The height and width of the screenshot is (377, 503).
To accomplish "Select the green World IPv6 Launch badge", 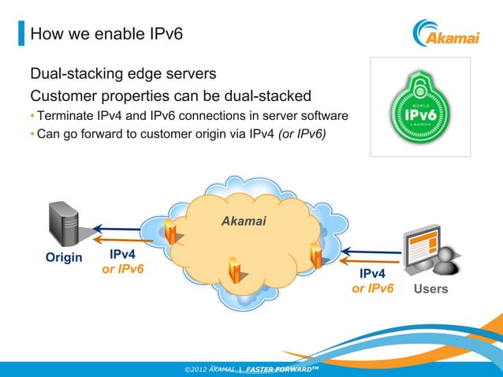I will tap(421, 107).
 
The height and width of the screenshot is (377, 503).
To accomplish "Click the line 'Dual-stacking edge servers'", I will tap(123, 75).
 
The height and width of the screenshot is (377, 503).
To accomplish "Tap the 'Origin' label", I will tap(63, 258).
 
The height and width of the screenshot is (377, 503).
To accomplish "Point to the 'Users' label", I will tap(430, 289).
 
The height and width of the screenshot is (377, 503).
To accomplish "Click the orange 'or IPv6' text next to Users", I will tap(372, 289).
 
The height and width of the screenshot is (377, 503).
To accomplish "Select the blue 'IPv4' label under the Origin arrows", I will tap(123, 255).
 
